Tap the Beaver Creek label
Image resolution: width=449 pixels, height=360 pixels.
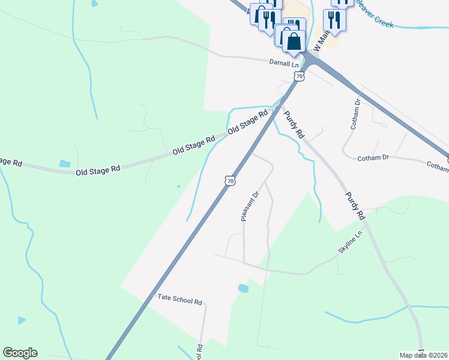375,13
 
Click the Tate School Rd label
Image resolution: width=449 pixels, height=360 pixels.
179,298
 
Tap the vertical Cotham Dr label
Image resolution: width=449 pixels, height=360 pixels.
354,114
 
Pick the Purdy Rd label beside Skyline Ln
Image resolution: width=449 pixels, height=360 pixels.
355,205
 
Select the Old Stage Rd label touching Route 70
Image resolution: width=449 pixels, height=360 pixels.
247,122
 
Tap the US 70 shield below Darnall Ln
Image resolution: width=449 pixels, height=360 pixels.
300,76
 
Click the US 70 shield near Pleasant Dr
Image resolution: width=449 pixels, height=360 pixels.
229,181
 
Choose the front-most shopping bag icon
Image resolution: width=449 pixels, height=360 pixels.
294,42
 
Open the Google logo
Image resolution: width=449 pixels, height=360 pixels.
20,353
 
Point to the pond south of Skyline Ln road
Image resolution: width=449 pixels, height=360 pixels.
243,289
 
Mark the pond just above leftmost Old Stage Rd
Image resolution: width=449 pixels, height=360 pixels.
64,163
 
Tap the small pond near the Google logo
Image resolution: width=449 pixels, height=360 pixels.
22,320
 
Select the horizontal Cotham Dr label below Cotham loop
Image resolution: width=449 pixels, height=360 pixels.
373,157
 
